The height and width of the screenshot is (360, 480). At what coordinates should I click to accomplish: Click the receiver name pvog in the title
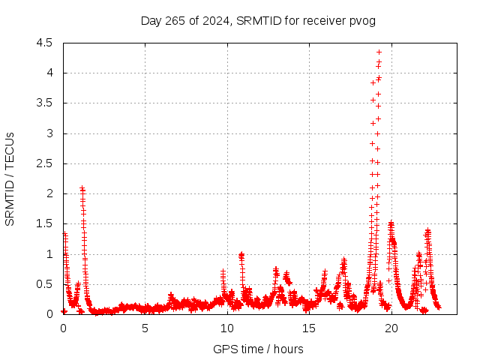pos(361,20)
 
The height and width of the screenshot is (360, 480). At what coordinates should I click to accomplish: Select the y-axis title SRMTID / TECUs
pos(10,178)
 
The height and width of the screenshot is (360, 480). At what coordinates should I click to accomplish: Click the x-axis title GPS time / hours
pos(258,349)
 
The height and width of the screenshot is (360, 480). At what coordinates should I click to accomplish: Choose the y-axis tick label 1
pos(49,254)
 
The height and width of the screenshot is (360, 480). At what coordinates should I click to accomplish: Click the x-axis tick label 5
pos(145,328)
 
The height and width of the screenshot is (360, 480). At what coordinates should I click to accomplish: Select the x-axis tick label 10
pos(227,328)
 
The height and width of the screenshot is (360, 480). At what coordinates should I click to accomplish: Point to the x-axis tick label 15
pos(309,328)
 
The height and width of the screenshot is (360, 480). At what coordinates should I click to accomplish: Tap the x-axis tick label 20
pos(391,328)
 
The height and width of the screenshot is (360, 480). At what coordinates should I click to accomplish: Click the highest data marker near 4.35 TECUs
pos(379,52)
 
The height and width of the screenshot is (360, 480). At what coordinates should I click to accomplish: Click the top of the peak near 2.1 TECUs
pos(82,188)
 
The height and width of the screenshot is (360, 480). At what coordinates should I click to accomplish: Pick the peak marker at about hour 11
pos(241,254)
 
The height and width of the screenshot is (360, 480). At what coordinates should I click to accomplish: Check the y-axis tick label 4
pos(49,73)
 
